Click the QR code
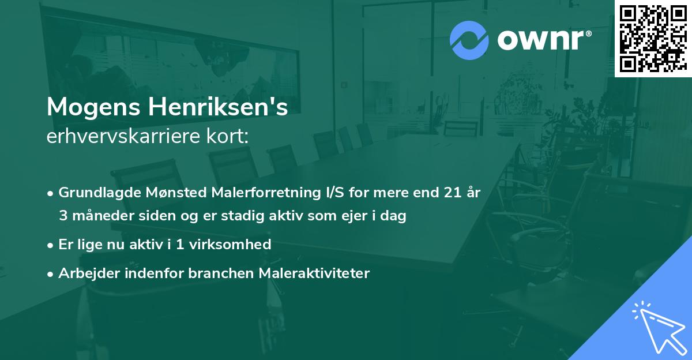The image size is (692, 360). [653, 38]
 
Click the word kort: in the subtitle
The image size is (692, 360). [229, 137]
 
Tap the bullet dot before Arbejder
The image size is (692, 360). [51, 273]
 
